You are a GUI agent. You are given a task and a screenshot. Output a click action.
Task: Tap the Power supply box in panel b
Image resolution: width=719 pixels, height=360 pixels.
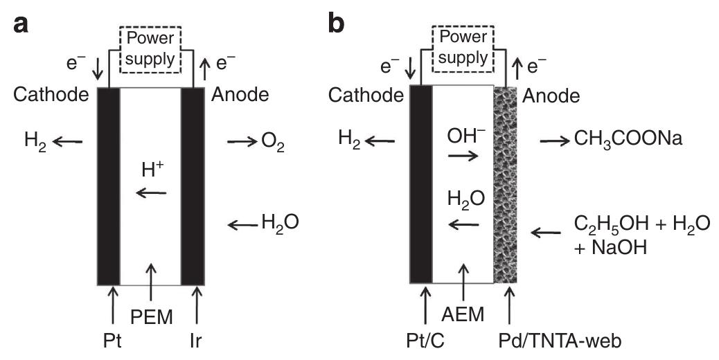[x=462, y=48]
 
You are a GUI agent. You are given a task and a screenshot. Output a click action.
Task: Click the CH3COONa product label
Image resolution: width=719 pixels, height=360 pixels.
[x=628, y=139]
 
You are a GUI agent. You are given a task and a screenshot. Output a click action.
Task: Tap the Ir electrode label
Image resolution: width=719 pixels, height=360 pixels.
[x=199, y=341]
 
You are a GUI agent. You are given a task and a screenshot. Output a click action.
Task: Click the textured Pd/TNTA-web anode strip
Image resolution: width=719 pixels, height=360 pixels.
[x=506, y=187]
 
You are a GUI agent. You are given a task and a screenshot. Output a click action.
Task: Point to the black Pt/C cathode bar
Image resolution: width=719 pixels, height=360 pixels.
[x=421, y=187]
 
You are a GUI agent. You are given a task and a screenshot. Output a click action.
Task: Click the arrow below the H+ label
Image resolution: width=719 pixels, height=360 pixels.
[x=151, y=193]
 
